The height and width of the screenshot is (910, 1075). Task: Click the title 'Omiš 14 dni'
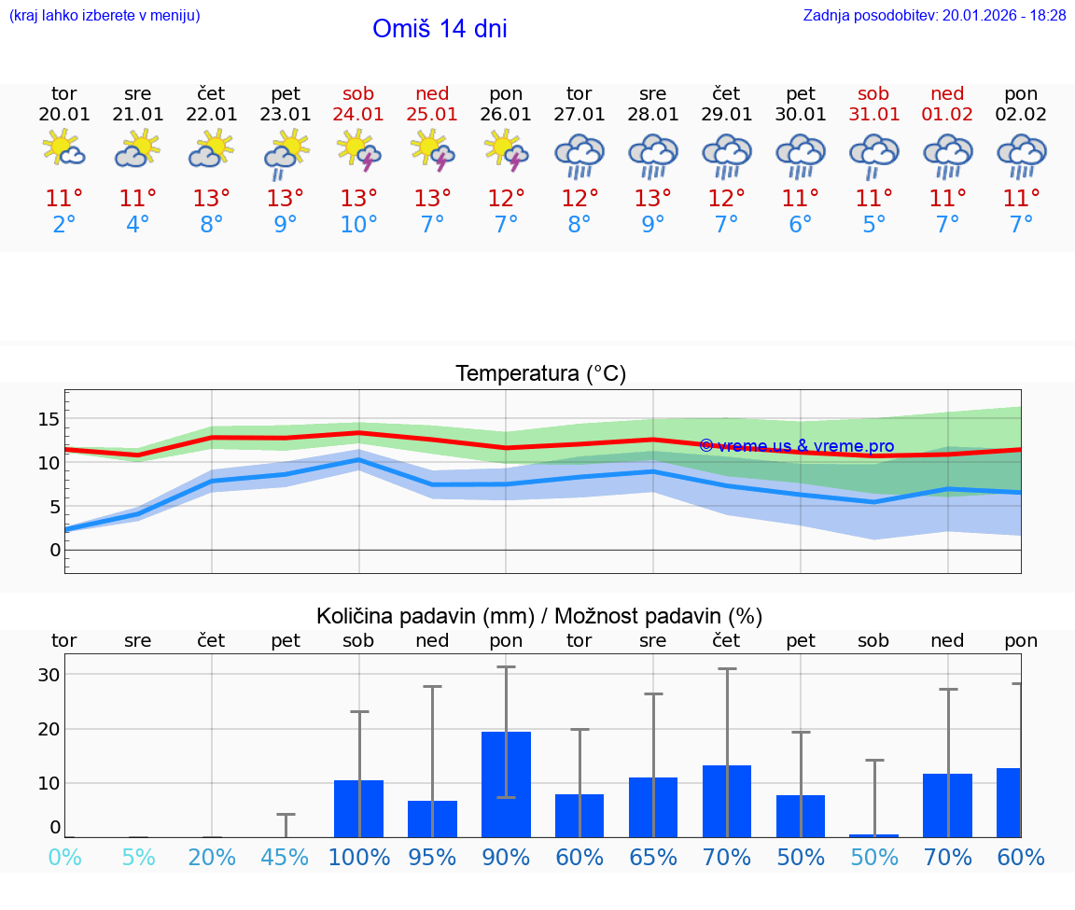click(x=440, y=29)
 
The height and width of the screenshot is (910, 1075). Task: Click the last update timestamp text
click(x=934, y=16)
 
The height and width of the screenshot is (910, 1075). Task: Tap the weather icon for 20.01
click(x=63, y=149)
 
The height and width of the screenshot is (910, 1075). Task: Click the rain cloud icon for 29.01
click(x=727, y=154)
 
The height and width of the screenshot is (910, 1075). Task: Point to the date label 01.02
click(x=947, y=115)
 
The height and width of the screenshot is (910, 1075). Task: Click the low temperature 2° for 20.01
click(x=63, y=225)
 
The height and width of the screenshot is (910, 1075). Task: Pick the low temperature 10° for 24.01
click(x=358, y=225)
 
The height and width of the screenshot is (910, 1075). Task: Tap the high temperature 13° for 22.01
click(x=212, y=199)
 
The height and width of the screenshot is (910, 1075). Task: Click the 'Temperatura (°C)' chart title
click(x=540, y=374)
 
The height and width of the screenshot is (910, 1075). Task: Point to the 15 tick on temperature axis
click(x=49, y=419)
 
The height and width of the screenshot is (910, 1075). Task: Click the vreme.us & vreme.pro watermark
click(x=796, y=446)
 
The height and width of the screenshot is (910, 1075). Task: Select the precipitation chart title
click(x=539, y=616)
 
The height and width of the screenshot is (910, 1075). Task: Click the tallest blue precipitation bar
click(x=506, y=784)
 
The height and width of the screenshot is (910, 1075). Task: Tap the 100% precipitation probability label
click(x=358, y=858)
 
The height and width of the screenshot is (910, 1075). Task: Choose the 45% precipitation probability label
click(x=286, y=858)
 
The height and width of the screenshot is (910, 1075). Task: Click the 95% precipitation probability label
click(x=432, y=858)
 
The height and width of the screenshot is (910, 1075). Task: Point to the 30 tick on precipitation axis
click(x=49, y=675)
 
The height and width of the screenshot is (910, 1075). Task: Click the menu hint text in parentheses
click(x=105, y=16)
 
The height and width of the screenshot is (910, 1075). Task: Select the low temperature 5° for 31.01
click(x=873, y=225)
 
